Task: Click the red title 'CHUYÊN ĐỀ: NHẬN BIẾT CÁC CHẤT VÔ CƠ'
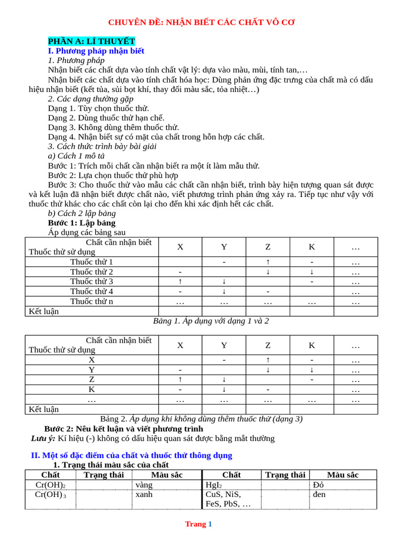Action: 201,22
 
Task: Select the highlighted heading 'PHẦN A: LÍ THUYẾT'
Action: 91,41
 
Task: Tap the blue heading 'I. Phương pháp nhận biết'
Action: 96,51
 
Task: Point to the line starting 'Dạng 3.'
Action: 113,127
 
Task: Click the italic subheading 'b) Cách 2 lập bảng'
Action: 82,213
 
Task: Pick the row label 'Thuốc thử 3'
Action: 92,281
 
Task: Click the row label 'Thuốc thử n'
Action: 92,301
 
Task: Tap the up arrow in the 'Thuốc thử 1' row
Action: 268,262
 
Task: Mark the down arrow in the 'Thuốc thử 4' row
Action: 224,291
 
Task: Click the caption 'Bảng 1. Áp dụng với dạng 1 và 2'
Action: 210,320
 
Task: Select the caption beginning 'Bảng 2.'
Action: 201,419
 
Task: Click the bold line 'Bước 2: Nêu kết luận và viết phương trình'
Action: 124,429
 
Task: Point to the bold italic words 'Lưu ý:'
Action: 43,438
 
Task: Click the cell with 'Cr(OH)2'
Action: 50,484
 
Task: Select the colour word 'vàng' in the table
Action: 144,484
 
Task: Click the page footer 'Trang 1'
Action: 198,524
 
